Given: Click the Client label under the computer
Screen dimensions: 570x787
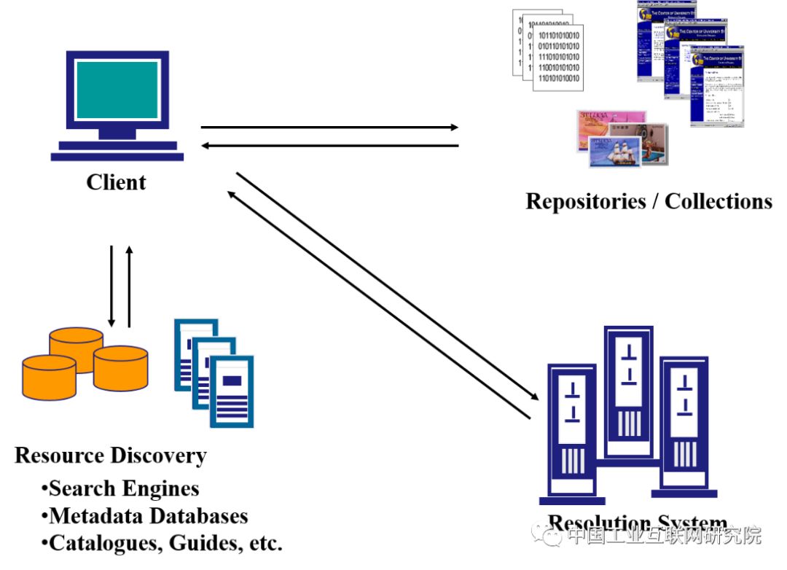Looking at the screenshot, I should click(116, 182).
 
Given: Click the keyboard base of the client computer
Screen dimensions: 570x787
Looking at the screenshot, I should click(117, 155).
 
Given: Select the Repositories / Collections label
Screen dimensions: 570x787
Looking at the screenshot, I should click(649, 201).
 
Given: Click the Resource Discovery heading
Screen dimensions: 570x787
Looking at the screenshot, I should click(111, 456).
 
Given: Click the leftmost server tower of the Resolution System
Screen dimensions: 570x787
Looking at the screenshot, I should click(573, 430).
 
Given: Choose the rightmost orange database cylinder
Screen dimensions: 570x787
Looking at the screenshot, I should click(120, 368).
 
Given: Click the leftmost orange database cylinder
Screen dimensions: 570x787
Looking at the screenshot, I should click(49, 375).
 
